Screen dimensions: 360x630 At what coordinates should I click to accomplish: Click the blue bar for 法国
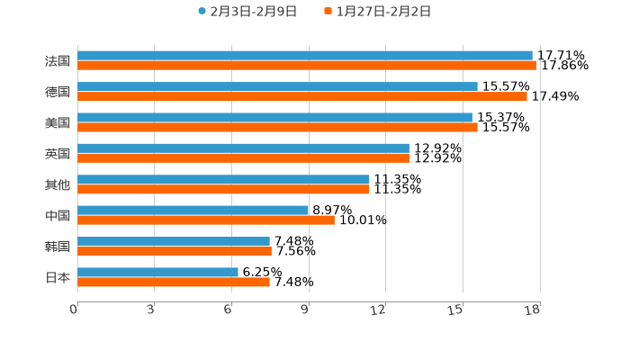coord(305,56)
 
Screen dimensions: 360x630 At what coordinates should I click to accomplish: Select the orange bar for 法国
coord(307,66)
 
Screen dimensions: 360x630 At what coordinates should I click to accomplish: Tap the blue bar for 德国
coord(277,86)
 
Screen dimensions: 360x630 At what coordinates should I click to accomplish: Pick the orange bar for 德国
coord(302,96)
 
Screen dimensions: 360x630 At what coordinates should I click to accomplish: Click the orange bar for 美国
coord(277,127)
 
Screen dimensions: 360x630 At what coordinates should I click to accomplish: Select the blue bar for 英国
coord(243,148)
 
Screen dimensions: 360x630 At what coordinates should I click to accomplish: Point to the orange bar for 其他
coord(223,189)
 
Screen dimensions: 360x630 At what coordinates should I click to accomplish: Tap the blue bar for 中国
coord(193,210)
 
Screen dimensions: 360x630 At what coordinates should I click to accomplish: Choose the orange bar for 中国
coord(206,220)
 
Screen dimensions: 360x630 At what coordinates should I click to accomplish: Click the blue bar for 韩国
coord(174,241)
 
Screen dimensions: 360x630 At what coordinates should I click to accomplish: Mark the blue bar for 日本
coord(157,272)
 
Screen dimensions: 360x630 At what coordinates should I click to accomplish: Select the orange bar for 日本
coord(174,282)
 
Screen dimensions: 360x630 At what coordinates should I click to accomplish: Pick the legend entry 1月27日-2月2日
coord(382,12)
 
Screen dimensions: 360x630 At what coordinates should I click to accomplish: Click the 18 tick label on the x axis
coord(532,310)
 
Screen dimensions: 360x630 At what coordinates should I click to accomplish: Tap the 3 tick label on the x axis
coord(150,310)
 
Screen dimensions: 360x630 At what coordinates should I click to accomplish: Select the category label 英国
coord(58,154)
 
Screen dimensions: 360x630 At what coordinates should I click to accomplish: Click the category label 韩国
coord(58,247)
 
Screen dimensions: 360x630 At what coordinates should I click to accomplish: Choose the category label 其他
coord(58,184)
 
